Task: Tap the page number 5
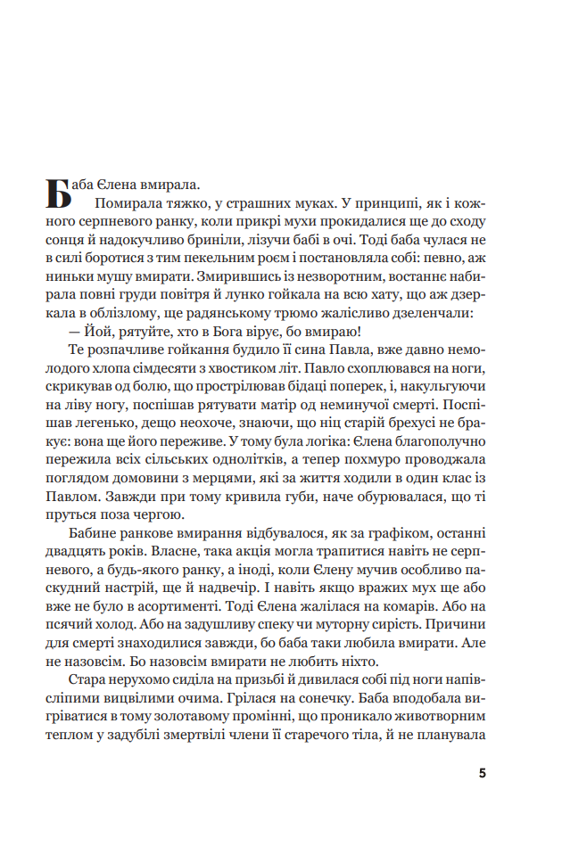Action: click(x=483, y=773)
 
